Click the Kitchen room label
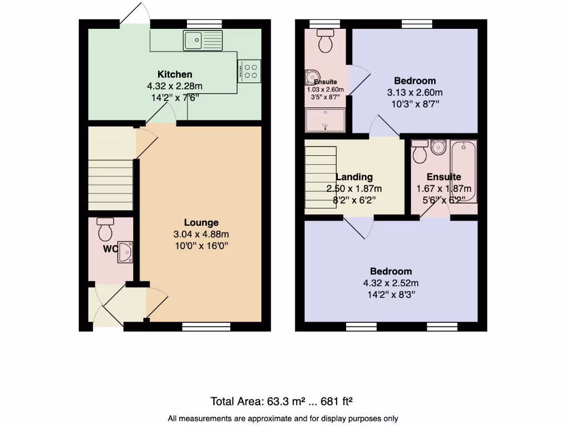[175, 74]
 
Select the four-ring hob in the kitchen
[249, 70]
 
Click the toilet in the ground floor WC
[105, 227]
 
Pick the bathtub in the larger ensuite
[463, 172]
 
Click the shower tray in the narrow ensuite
[325, 120]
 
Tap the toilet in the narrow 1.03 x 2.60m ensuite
[324, 40]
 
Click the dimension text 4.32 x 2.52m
[391, 283]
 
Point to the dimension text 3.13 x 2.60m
[414, 93]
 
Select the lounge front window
[206, 327]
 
